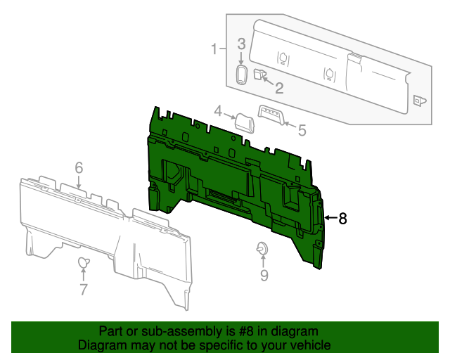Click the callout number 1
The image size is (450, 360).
tap(214, 49)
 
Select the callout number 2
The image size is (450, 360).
tap(278, 88)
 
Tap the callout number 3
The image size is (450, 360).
tap(240, 44)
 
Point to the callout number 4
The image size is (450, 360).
tap(219, 111)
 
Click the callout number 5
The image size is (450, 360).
tap(302, 130)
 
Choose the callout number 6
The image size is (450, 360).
tap(79, 167)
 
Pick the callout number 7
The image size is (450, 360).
tap(83, 289)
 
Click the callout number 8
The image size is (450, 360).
tap(343, 219)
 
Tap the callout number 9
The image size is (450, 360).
tap(264, 276)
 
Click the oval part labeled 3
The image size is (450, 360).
tap(240, 75)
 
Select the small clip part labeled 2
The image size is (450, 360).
tap(259, 74)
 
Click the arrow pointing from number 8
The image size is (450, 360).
tap(330, 219)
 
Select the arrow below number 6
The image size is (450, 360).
tap(79, 182)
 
